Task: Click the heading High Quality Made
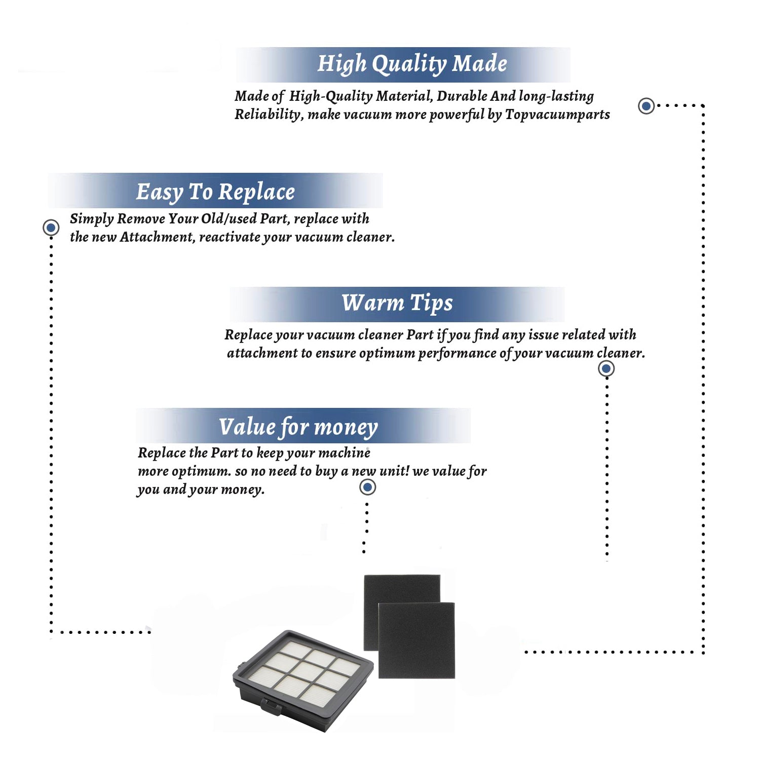pos(412,64)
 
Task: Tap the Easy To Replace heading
pos(215,192)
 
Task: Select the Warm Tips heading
pos(397,303)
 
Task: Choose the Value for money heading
pos(298,427)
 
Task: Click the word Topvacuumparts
pos(557,115)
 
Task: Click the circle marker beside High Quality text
pos(646,106)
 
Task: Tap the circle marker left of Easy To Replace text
pos(51,227)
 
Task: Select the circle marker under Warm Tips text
pos(606,368)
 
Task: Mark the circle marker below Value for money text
pos(367,487)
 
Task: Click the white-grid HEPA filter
pos(303,680)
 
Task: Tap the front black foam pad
pos(416,640)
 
